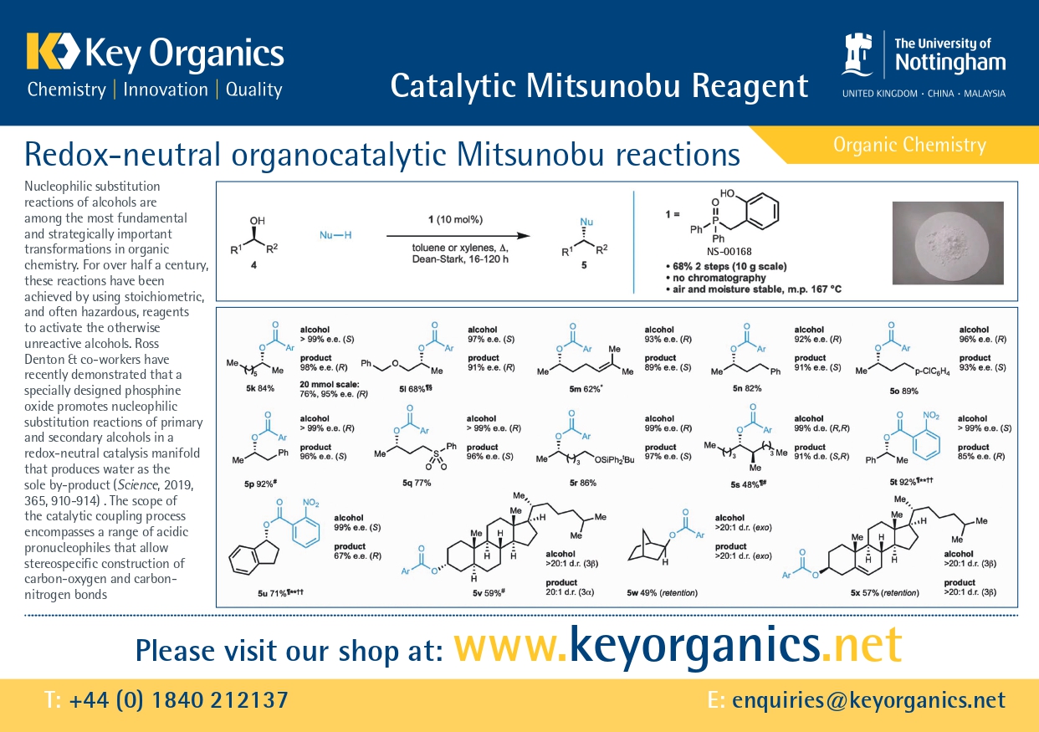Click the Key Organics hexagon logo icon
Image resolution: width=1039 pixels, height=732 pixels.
[x=53, y=50]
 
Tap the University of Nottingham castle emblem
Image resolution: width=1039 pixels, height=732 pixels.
[x=857, y=54]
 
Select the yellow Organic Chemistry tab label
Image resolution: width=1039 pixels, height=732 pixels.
[x=909, y=145]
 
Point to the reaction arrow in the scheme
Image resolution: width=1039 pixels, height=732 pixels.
[x=458, y=236]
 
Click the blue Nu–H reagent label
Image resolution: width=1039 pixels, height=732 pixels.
[x=335, y=235]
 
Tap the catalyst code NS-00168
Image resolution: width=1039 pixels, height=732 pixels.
[x=729, y=252]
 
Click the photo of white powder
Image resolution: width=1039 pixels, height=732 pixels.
[x=948, y=243]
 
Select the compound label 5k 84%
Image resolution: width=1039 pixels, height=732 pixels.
[x=260, y=388]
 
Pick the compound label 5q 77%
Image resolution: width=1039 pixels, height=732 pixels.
[x=417, y=483]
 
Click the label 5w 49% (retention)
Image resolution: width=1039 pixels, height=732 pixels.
[x=662, y=593]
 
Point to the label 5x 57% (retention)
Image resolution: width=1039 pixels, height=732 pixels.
[x=884, y=593]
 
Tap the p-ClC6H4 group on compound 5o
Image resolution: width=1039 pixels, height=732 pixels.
[x=932, y=371]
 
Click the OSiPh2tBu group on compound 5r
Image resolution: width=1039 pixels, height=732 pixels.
[x=614, y=460]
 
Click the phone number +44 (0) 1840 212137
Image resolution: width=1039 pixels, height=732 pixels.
[x=178, y=700]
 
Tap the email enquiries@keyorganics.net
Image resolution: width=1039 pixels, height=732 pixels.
[x=868, y=700]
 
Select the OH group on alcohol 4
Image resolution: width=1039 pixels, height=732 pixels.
[x=257, y=220]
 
